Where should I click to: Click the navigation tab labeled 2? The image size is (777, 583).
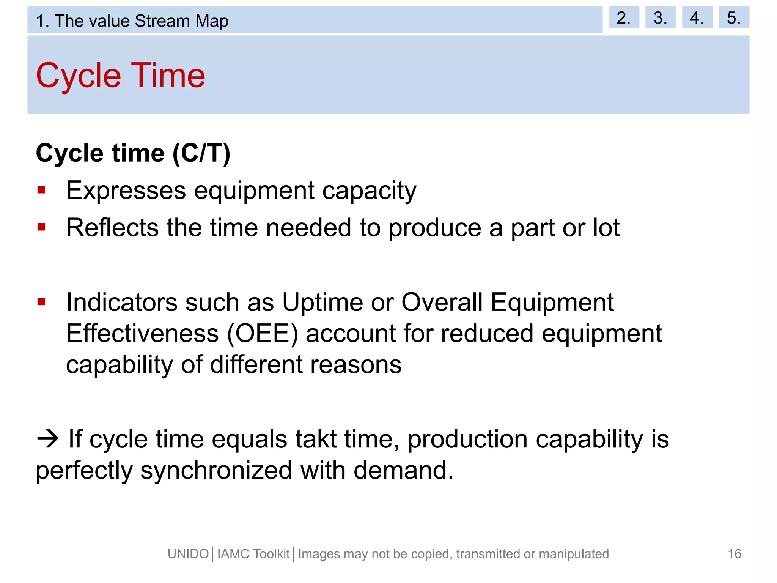tap(623, 17)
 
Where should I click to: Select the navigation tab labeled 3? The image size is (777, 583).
tap(660, 17)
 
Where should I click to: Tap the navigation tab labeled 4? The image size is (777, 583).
tap(697, 17)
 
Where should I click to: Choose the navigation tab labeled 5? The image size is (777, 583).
tap(734, 17)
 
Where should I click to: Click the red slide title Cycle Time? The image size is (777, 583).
tap(121, 76)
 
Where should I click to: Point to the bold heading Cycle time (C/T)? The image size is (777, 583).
tap(133, 153)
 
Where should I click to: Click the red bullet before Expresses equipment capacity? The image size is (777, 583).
tap(41, 190)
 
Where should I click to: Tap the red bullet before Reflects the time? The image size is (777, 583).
tap(41, 227)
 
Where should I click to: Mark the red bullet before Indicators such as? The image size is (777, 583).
tap(41, 302)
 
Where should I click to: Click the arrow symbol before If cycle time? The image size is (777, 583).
tap(48, 439)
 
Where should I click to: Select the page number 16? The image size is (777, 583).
tap(735, 554)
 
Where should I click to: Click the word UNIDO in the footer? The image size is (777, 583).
tap(188, 554)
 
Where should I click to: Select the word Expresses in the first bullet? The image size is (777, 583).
tap(126, 191)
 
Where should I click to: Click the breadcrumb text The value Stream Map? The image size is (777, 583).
tap(142, 21)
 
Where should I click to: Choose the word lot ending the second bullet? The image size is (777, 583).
tap(606, 228)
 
